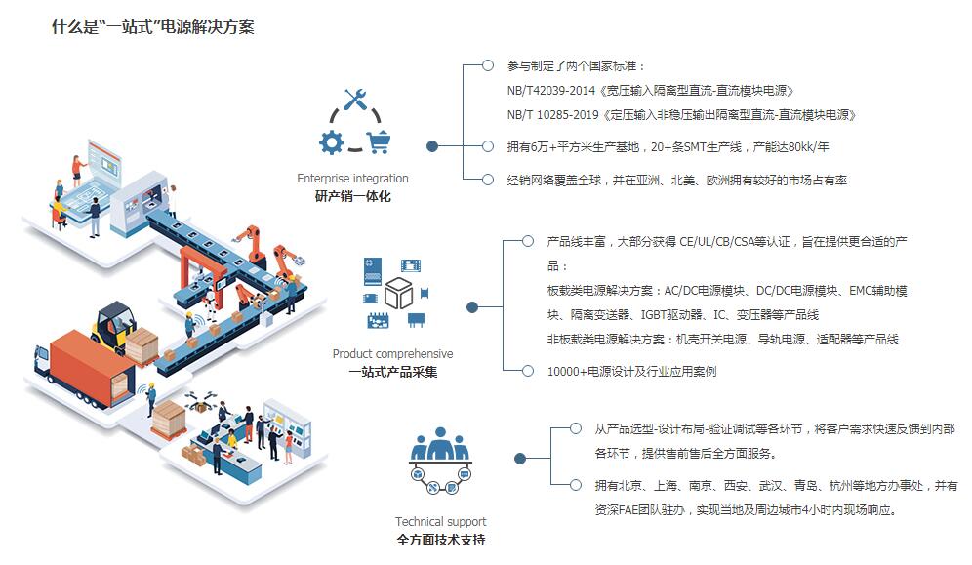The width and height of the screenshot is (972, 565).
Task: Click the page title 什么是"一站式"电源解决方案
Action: tap(153, 27)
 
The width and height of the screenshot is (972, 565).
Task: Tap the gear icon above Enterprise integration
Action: tap(332, 142)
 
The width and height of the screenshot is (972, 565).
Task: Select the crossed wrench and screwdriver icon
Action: tap(354, 101)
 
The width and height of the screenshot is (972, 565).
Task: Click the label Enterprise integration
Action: tap(352, 179)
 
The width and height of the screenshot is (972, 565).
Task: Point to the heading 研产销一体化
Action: tap(352, 196)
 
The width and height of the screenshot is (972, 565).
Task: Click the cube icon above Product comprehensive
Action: tap(398, 293)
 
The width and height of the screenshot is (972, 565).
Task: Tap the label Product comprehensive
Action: tap(392, 354)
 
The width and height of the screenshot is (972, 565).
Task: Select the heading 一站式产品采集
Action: tap(392, 372)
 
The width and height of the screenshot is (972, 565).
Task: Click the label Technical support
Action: tap(440, 521)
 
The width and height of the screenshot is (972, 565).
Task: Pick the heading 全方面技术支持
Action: tap(440, 540)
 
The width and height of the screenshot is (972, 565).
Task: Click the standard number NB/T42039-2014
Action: tap(548, 91)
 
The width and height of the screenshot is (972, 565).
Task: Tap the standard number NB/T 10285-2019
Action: tap(551, 115)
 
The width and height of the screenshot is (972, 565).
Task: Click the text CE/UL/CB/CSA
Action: tap(720, 241)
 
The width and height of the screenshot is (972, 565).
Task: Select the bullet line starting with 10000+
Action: tap(631, 372)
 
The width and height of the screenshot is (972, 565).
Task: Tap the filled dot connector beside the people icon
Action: tap(519, 458)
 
